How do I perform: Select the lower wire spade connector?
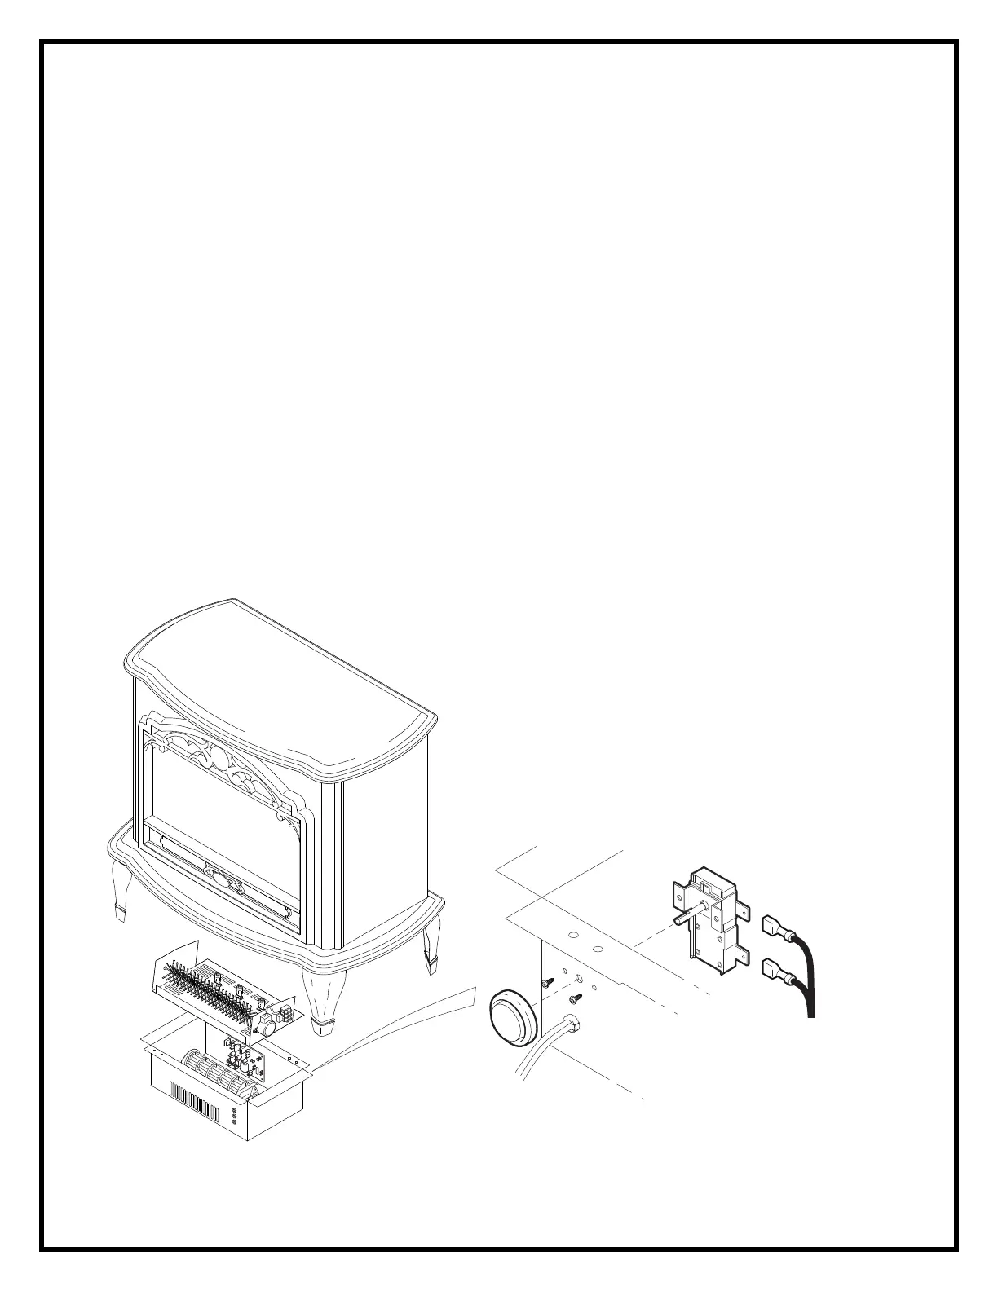point(772,969)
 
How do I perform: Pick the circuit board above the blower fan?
point(245,1058)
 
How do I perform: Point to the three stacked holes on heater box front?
point(235,1115)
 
